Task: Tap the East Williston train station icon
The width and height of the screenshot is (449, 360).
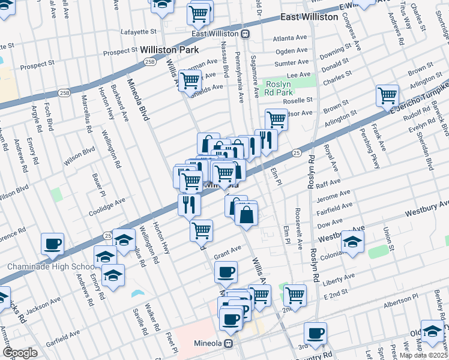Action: point(246,34)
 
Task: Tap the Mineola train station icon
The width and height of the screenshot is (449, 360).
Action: point(228,344)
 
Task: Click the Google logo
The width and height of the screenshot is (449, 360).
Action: point(20,353)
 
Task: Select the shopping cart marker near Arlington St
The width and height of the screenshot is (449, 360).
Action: point(387,95)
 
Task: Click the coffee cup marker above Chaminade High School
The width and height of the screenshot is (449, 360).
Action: point(52,243)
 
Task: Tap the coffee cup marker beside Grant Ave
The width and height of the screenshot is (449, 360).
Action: point(226,271)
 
